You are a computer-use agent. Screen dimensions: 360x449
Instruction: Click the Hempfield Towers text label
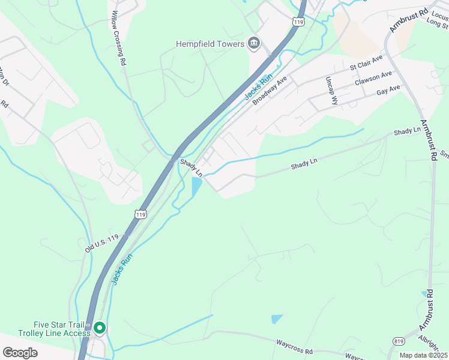(x=209, y=44)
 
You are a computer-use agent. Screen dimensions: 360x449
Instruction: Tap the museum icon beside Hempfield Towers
(x=254, y=43)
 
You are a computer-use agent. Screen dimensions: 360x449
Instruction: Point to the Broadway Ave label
(x=271, y=91)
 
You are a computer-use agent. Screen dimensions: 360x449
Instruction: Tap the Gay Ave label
(x=388, y=91)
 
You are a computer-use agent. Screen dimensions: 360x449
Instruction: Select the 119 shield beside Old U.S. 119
(x=140, y=214)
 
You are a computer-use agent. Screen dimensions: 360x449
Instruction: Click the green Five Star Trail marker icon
(x=100, y=328)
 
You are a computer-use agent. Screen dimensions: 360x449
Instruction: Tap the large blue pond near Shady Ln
(x=196, y=187)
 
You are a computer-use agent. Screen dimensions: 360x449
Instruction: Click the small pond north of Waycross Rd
(x=277, y=319)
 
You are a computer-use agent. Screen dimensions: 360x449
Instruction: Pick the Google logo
(x=20, y=353)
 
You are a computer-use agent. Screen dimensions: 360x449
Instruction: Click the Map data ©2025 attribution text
(x=423, y=355)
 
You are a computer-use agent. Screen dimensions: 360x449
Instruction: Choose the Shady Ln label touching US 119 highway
(x=191, y=167)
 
